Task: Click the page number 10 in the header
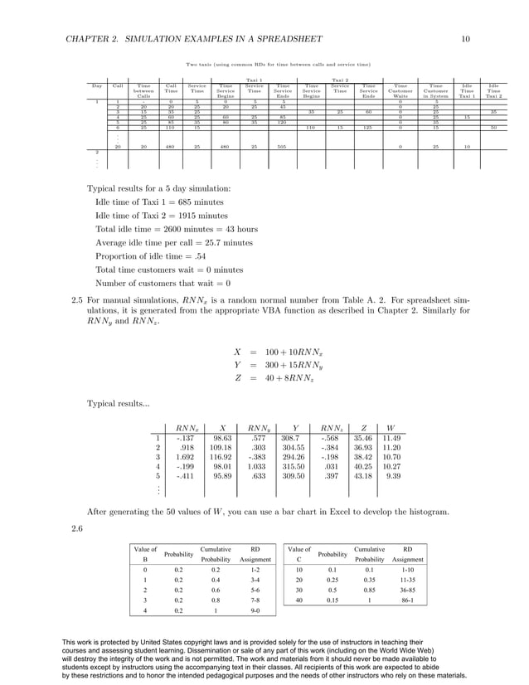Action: tap(466, 39)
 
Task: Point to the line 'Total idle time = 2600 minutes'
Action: tap(177, 229)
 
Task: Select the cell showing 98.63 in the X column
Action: tap(222, 438)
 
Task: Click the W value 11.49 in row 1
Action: tap(391, 438)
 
